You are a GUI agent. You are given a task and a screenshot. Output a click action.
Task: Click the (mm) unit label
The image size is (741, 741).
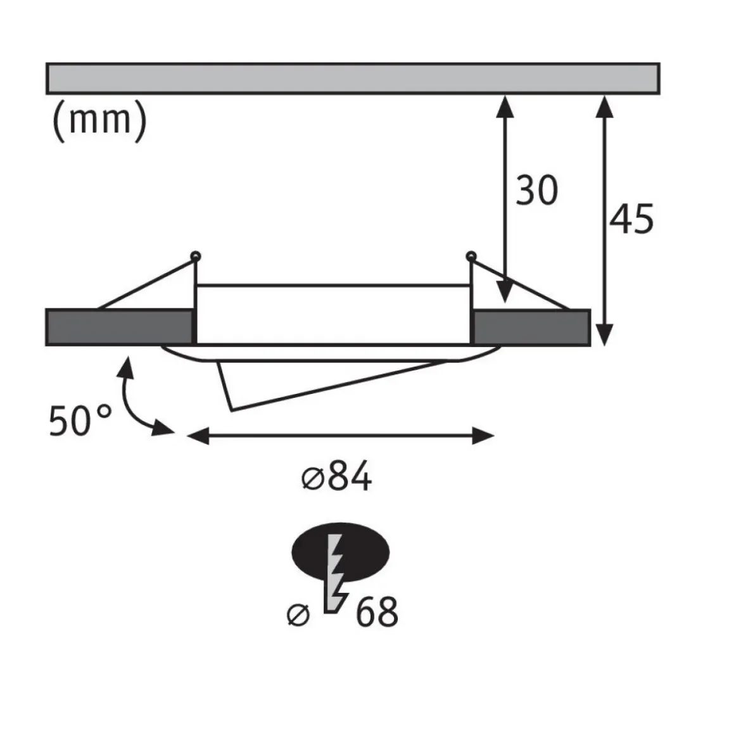point(99,121)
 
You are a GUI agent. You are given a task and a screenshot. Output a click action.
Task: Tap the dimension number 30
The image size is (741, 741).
point(537,191)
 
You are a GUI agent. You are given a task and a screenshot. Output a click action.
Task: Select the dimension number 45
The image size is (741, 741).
point(631,218)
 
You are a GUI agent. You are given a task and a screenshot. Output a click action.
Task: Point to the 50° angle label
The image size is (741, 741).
point(80,421)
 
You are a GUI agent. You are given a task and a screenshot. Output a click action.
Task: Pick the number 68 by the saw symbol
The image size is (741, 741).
point(377,612)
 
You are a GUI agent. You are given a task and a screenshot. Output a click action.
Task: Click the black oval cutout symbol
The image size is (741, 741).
point(340,552)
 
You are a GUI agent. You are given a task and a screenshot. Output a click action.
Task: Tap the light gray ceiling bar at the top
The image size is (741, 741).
point(353,79)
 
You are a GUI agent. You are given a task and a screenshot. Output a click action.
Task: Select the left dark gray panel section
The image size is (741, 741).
point(120,327)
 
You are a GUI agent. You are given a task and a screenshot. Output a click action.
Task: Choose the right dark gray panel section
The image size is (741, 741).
point(531,327)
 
